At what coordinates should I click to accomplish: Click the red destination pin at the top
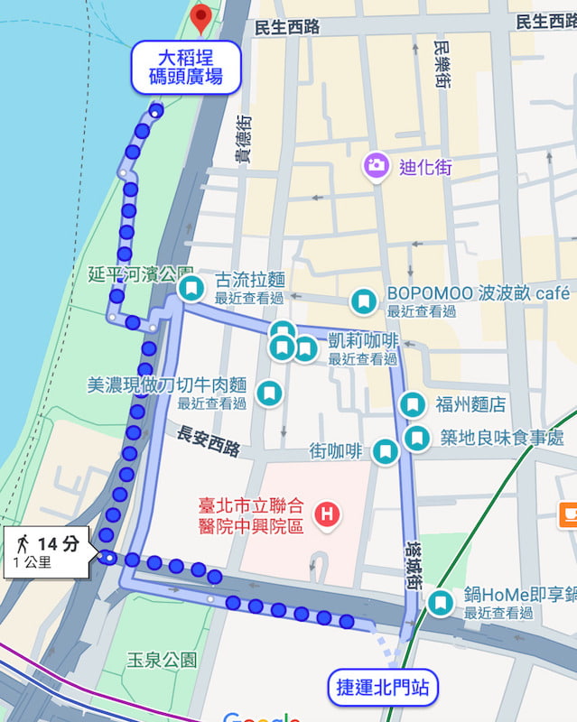coord(202,15)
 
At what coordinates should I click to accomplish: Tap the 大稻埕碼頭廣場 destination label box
coord(188,67)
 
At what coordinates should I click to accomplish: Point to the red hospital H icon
coord(326,515)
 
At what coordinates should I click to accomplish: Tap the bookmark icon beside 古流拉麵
coord(191,289)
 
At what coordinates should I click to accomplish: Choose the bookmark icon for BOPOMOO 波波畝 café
coord(363,301)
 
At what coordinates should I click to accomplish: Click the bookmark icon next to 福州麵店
coord(413,404)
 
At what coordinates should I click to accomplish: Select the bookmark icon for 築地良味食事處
coord(416,439)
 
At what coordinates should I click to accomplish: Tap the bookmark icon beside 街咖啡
coord(386,451)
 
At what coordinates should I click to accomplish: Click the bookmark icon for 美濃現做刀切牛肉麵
coord(268,393)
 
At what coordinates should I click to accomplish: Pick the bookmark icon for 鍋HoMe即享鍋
coord(440,603)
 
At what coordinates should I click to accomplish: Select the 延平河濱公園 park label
coord(141,272)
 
